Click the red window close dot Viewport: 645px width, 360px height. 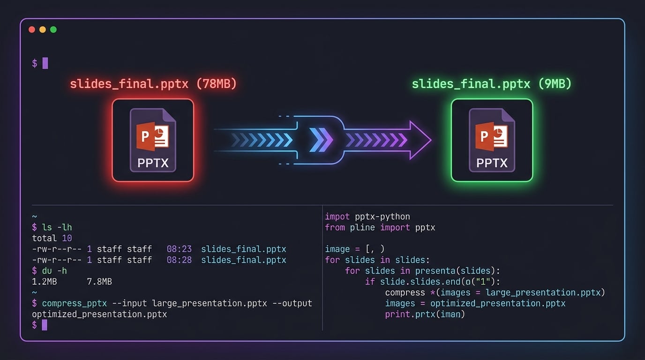click(x=32, y=30)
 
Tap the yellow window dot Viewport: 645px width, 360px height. click(x=43, y=30)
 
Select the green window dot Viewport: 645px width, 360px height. click(x=53, y=30)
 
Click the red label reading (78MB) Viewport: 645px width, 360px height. click(x=217, y=84)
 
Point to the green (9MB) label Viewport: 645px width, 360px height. click(x=555, y=84)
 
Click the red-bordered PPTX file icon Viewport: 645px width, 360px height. click(x=153, y=140)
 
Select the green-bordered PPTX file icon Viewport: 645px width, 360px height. click(x=492, y=140)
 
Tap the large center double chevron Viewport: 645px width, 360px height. click(x=321, y=140)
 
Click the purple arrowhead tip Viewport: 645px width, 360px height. click(x=431, y=140)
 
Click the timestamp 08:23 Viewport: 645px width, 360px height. click(x=179, y=249)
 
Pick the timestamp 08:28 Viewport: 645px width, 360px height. click(x=179, y=260)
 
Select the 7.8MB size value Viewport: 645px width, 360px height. click(x=99, y=282)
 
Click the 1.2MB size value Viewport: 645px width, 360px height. click(x=45, y=282)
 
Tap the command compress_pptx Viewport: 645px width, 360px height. click(x=74, y=304)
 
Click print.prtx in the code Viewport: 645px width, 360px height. click(x=410, y=314)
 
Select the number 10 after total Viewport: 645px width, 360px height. click(x=67, y=238)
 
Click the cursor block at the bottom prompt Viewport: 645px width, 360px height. click(x=45, y=325)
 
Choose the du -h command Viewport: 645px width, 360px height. click(x=54, y=271)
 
